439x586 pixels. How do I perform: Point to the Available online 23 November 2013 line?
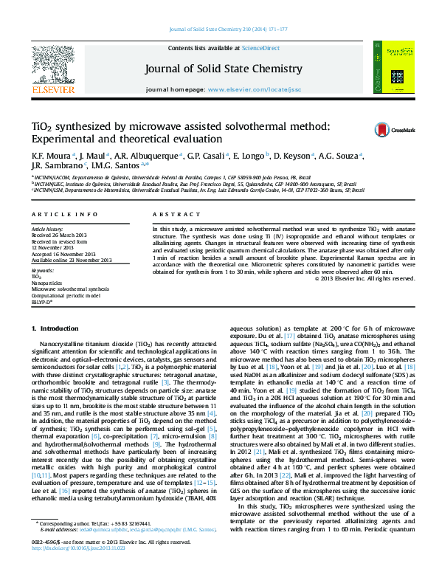point(72,260)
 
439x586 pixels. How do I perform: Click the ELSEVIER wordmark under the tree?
point(52,89)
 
